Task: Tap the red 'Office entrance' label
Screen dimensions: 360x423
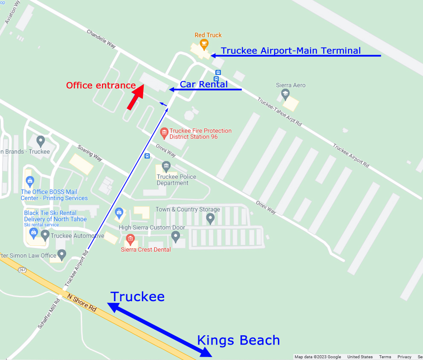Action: click(101, 86)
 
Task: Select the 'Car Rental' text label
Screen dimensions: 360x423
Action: click(203, 84)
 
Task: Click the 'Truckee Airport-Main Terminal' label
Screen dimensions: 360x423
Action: click(291, 51)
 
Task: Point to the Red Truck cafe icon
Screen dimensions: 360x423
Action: click(204, 43)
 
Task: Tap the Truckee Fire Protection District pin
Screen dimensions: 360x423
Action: click(164, 133)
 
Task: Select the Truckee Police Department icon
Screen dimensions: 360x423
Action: click(166, 165)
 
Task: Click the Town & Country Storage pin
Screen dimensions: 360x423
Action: click(210, 219)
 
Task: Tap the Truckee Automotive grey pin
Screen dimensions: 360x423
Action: click(45, 235)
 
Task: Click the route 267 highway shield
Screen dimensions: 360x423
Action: click(22, 270)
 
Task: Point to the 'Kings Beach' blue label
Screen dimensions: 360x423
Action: click(238, 340)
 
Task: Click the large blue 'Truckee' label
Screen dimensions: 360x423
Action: click(137, 297)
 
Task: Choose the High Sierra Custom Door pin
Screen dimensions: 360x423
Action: click(176, 236)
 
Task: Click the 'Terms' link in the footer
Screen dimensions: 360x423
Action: click(385, 357)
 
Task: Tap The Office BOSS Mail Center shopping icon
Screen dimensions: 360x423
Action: click(29, 181)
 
